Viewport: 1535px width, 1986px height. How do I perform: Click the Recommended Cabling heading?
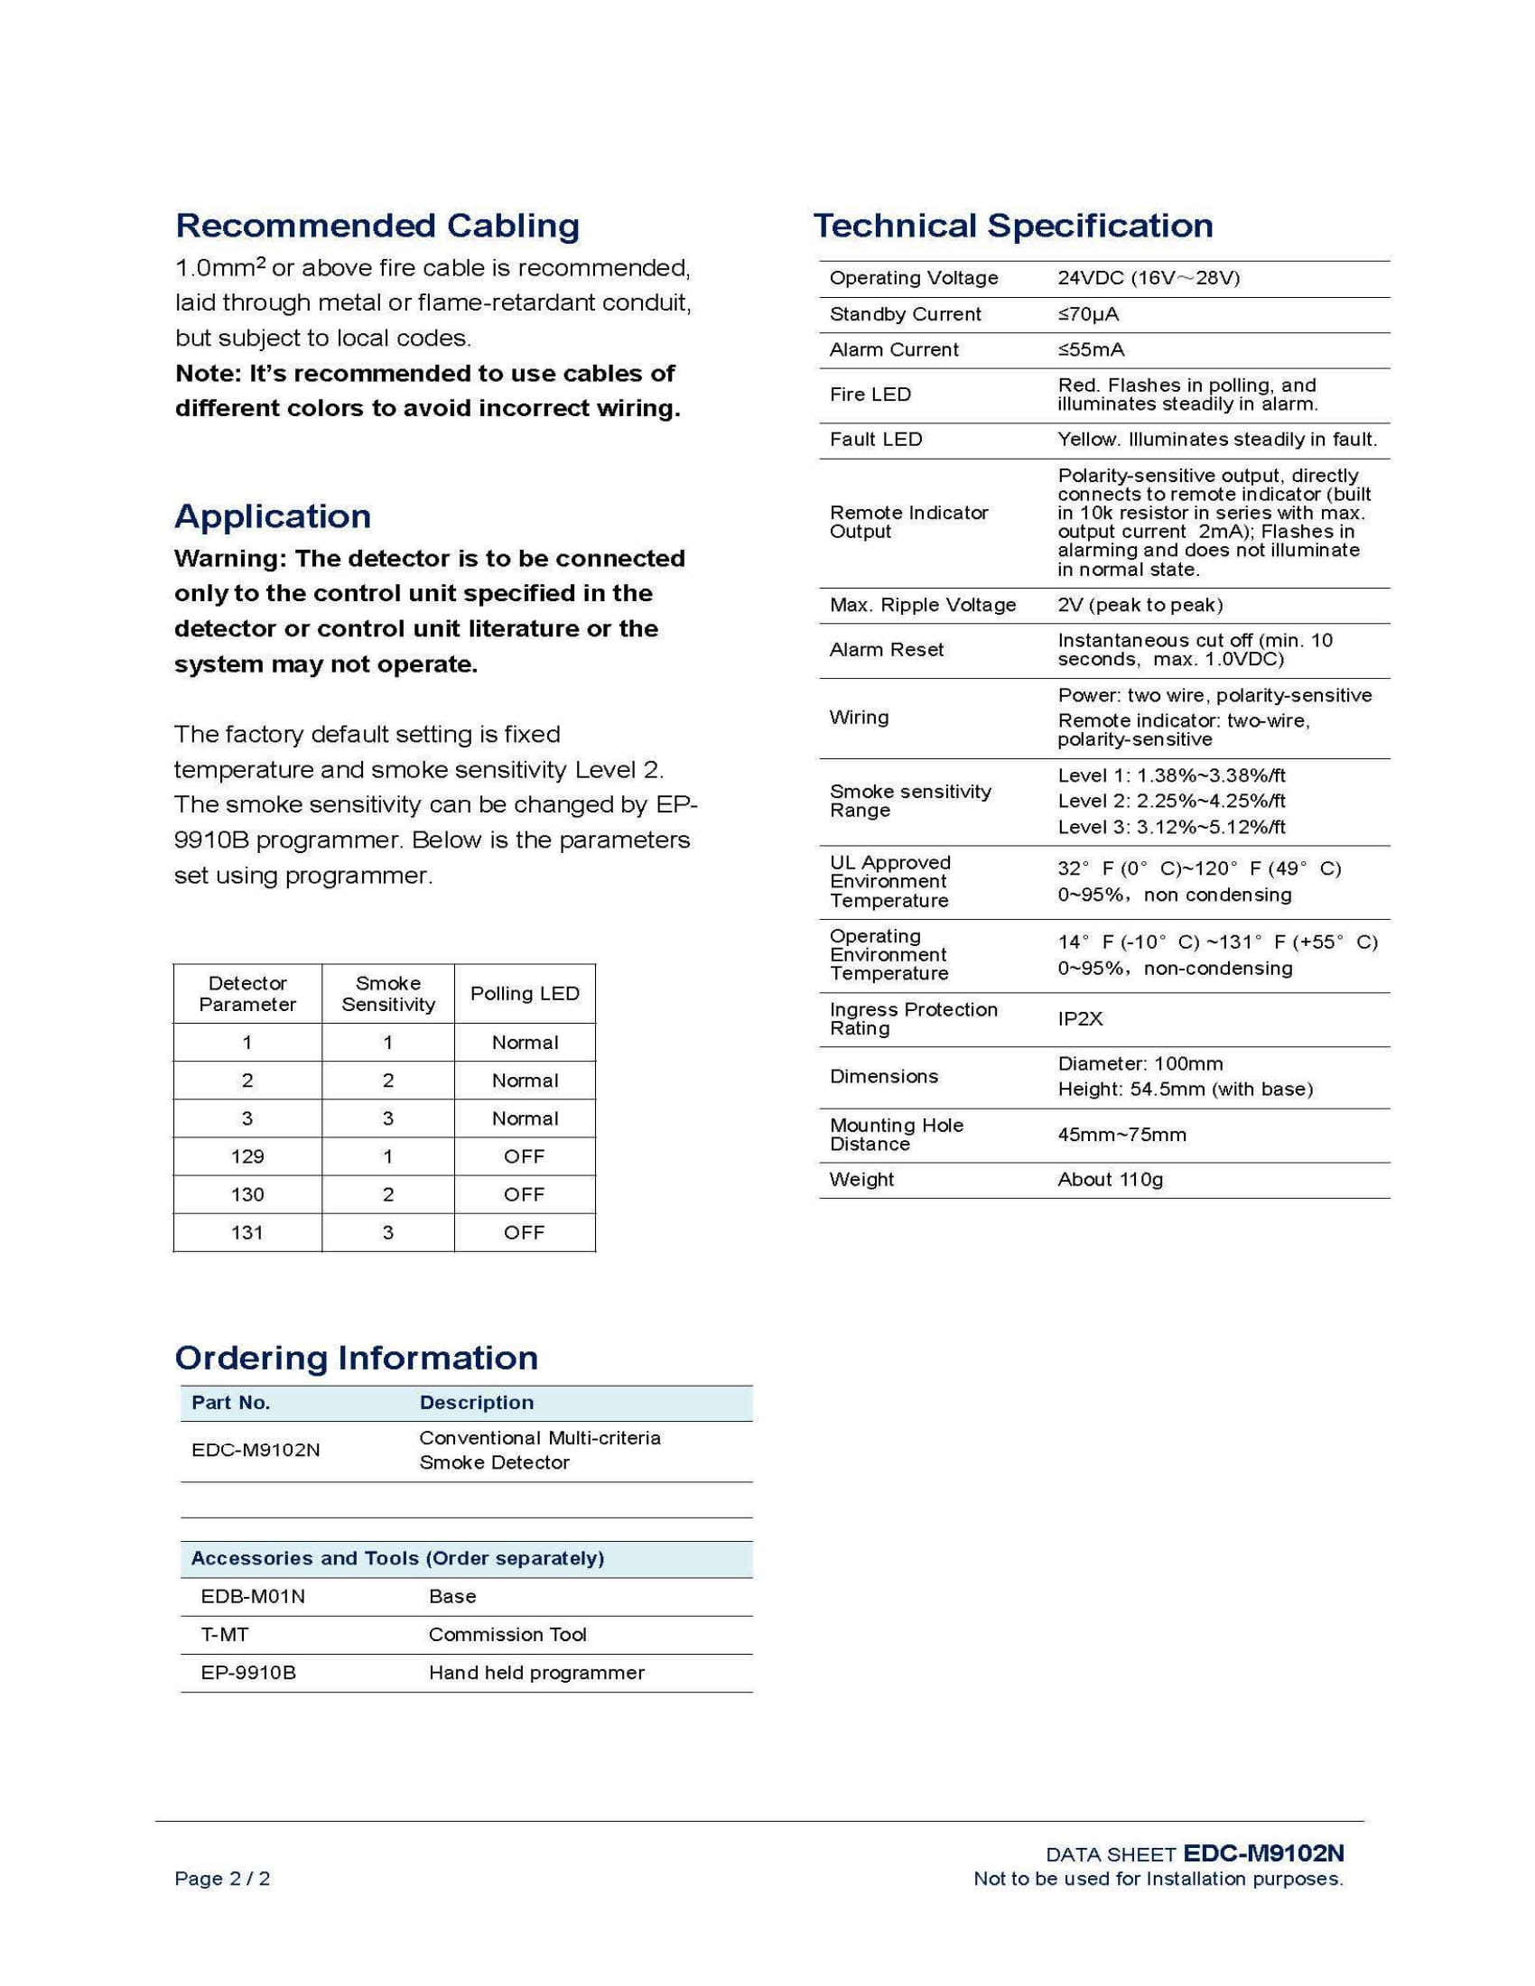point(377,226)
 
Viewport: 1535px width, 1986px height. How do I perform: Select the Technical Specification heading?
point(1013,226)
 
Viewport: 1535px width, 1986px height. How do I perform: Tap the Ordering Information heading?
point(357,1358)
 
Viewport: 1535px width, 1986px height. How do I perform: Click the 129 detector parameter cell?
point(247,1156)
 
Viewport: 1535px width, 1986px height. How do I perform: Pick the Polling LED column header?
point(525,994)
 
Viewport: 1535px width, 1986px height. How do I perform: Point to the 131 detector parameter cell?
point(247,1233)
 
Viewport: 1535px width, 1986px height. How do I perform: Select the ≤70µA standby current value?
point(1088,315)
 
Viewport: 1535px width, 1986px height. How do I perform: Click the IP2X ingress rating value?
point(1080,1019)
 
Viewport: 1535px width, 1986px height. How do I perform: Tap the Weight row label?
point(861,1181)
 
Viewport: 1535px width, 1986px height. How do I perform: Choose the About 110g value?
point(1111,1181)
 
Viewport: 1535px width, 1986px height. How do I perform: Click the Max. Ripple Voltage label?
point(922,606)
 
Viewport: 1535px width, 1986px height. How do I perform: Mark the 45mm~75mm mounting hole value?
point(1121,1135)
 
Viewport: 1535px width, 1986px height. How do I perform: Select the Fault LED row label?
point(876,441)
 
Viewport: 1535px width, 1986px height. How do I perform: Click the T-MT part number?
point(225,1635)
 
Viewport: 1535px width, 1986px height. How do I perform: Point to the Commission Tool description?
point(507,1635)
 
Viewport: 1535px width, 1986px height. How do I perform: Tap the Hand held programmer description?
point(536,1673)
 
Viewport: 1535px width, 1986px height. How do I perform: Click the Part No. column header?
point(231,1403)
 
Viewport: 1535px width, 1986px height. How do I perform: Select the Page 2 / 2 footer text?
point(222,1879)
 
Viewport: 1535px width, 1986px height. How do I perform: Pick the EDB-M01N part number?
point(253,1597)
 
